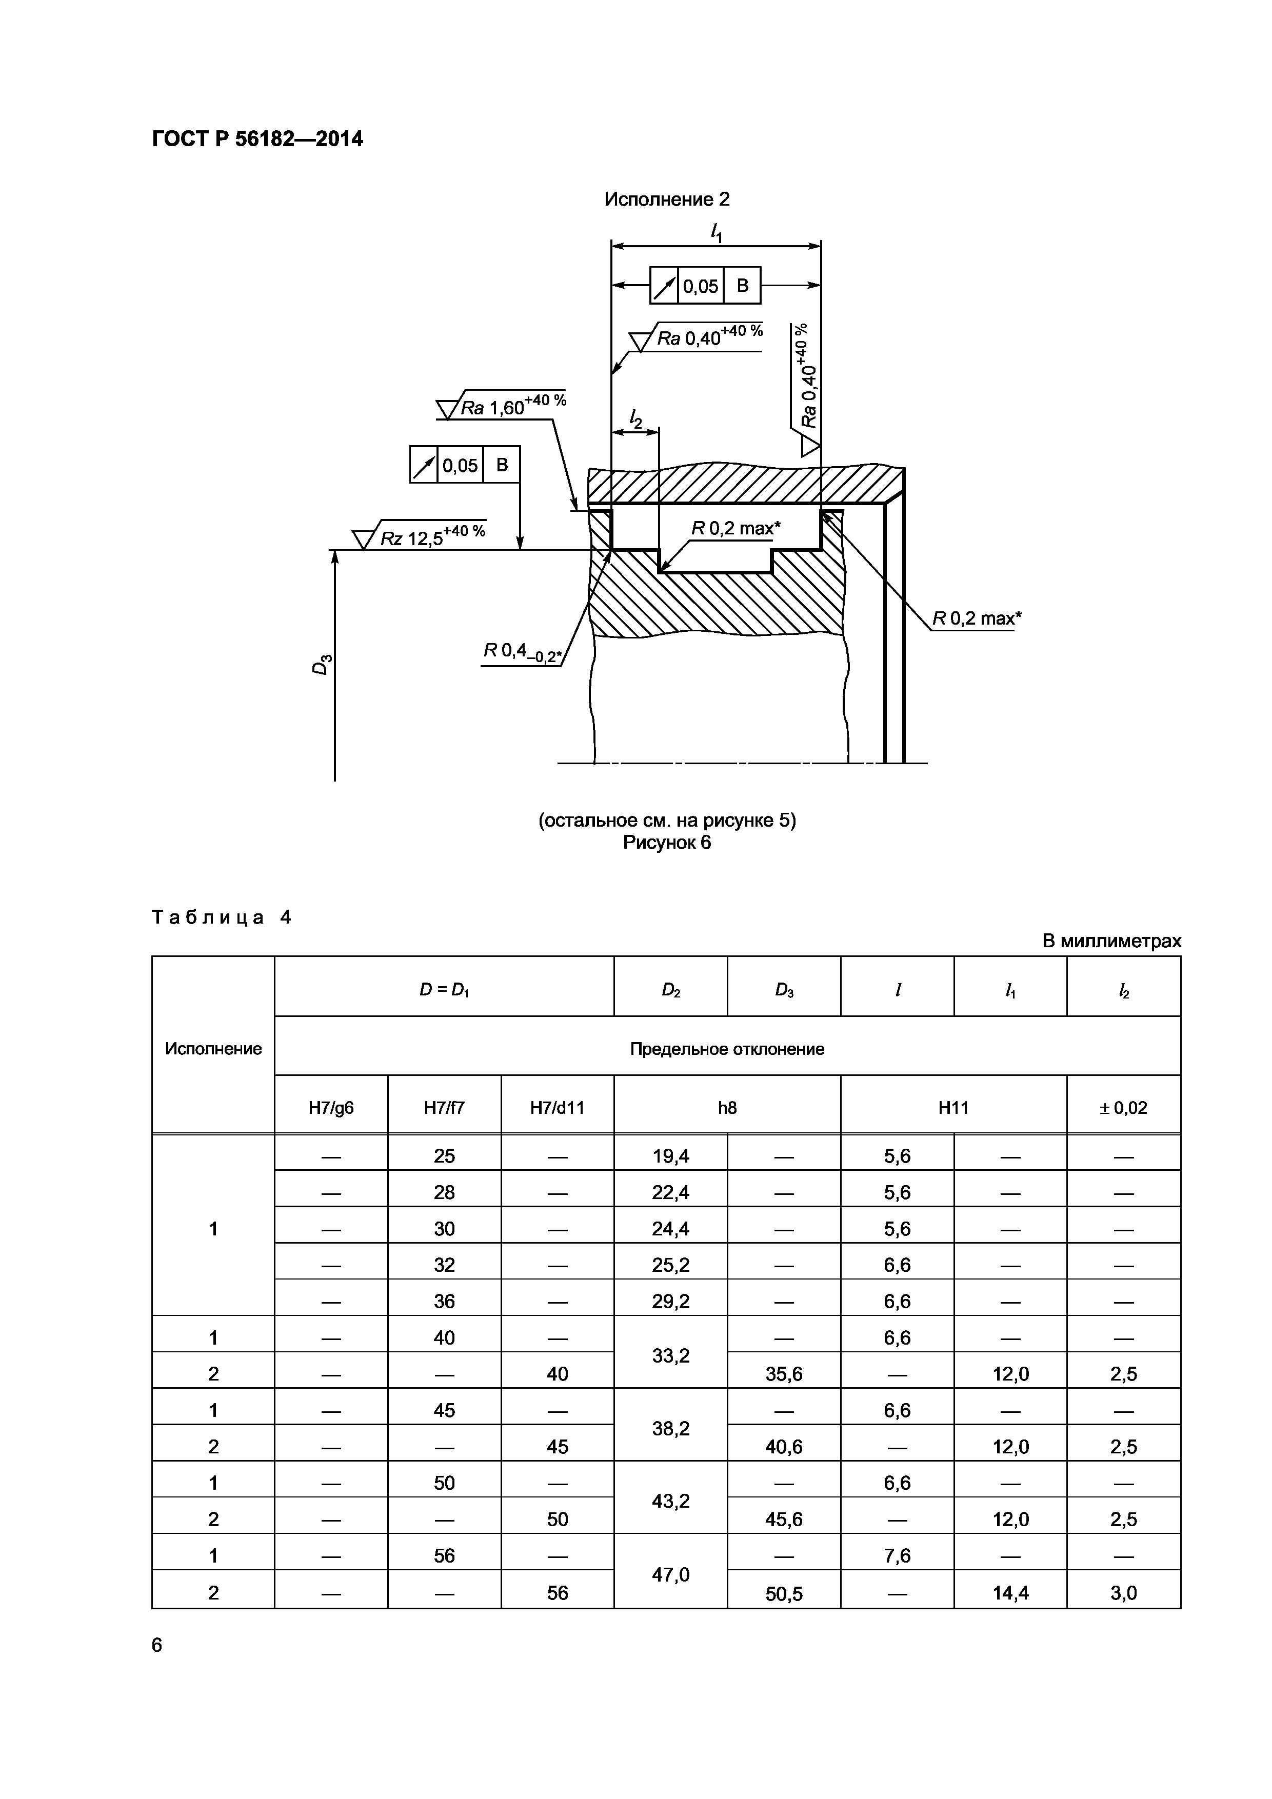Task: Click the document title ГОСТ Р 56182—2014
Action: click(x=257, y=139)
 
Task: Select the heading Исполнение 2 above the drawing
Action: click(x=666, y=200)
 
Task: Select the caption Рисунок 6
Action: click(x=666, y=843)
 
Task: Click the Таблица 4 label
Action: click(x=221, y=917)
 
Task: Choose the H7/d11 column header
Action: click(x=557, y=1108)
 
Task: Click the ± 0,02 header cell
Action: click(x=1123, y=1108)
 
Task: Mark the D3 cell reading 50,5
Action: click(x=784, y=1594)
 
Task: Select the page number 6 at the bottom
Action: click(x=157, y=1646)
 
